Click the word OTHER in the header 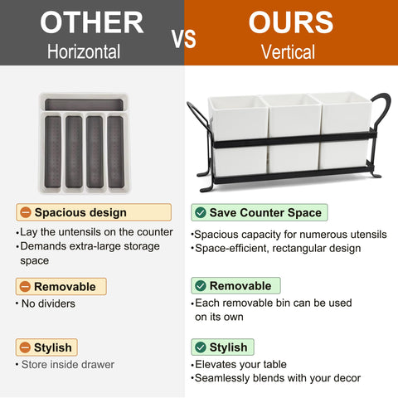pos(92,22)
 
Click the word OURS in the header pos(291,22)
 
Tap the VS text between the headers pos(184,39)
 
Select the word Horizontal pos(84,51)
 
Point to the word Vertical pos(289,52)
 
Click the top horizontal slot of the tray pos(84,104)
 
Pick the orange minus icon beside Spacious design pos(26,212)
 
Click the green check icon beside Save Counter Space pos(201,212)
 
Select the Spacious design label pos(80,212)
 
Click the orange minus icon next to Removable pos(25,287)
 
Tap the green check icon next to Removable pos(201,286)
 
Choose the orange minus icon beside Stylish pos(25,347)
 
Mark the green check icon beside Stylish pos(201,347)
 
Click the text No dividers pos(48,303)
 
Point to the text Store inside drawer pos(68,365)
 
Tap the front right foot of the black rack pos(376,174)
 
